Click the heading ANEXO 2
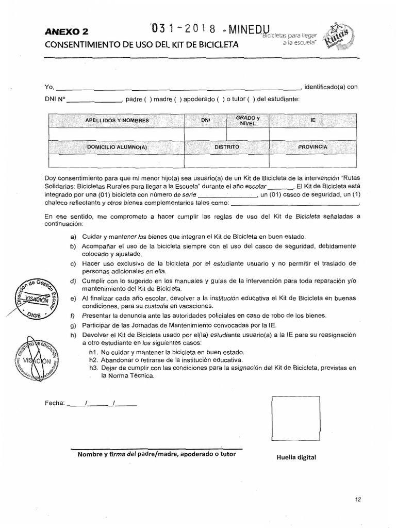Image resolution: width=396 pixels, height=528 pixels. pos(67,32)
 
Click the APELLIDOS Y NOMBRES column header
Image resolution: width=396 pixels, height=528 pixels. pos(117,120)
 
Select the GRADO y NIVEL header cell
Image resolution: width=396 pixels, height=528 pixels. pos(248,120)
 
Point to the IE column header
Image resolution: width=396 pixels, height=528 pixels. pos(312,120)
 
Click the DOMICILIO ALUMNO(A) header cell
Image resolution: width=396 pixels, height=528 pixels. pos(117,147)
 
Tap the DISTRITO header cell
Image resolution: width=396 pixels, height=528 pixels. pos(227,147)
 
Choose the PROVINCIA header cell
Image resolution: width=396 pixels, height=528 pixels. pos(312,147)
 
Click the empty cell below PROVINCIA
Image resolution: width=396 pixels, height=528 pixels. pos(312,161)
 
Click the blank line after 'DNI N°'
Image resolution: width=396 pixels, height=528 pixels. pos(93,101)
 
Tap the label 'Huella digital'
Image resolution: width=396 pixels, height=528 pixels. pos(295,457)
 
